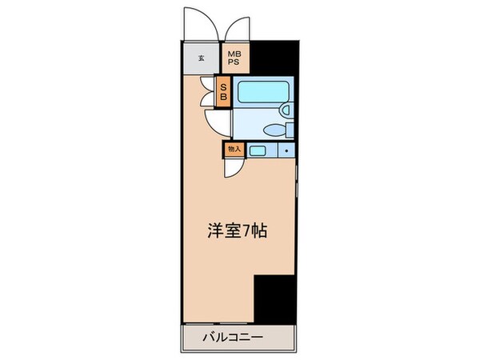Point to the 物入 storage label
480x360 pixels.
point(234,149)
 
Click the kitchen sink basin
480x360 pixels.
point(258,150)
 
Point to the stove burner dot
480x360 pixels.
point(286,150)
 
